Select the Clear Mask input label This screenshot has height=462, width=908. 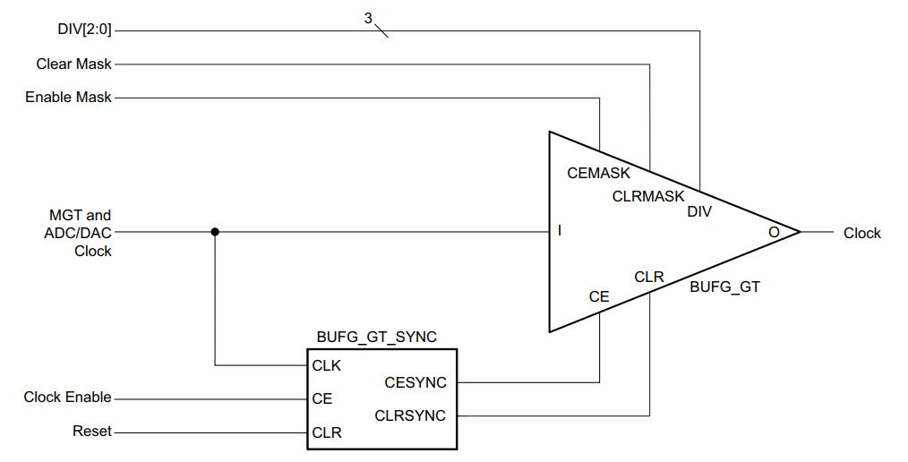click(x=74, y=64)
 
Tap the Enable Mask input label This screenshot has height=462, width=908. click(x=68, y=97)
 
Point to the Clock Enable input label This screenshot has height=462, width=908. click(x=68, y=398)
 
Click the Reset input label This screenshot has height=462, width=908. click(x=92, y=432)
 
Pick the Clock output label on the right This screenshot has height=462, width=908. click(x=861, y=233)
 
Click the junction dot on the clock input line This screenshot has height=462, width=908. click(x=215, y=231)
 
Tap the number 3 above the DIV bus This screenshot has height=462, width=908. click(x=368, y=17)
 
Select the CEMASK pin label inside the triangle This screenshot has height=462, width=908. click(x=598, y=174)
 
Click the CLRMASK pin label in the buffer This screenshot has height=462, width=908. click(x=648, y=195)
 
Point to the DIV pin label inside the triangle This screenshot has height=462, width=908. click(x=699, y=212)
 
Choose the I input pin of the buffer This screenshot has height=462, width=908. click(x=560, y=232)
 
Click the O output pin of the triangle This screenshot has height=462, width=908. click(x=774, y=232)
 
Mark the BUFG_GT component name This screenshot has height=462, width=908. click(x=724, y=287)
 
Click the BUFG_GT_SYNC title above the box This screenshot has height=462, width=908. click(x=377, y=338)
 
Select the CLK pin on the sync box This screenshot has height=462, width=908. click(x=326, y=365)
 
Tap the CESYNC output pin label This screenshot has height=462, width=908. click(x=415, y=382)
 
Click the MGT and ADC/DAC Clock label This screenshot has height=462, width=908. click(x=81, y=233)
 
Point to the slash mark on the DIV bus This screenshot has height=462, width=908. click(x=381, y=30)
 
